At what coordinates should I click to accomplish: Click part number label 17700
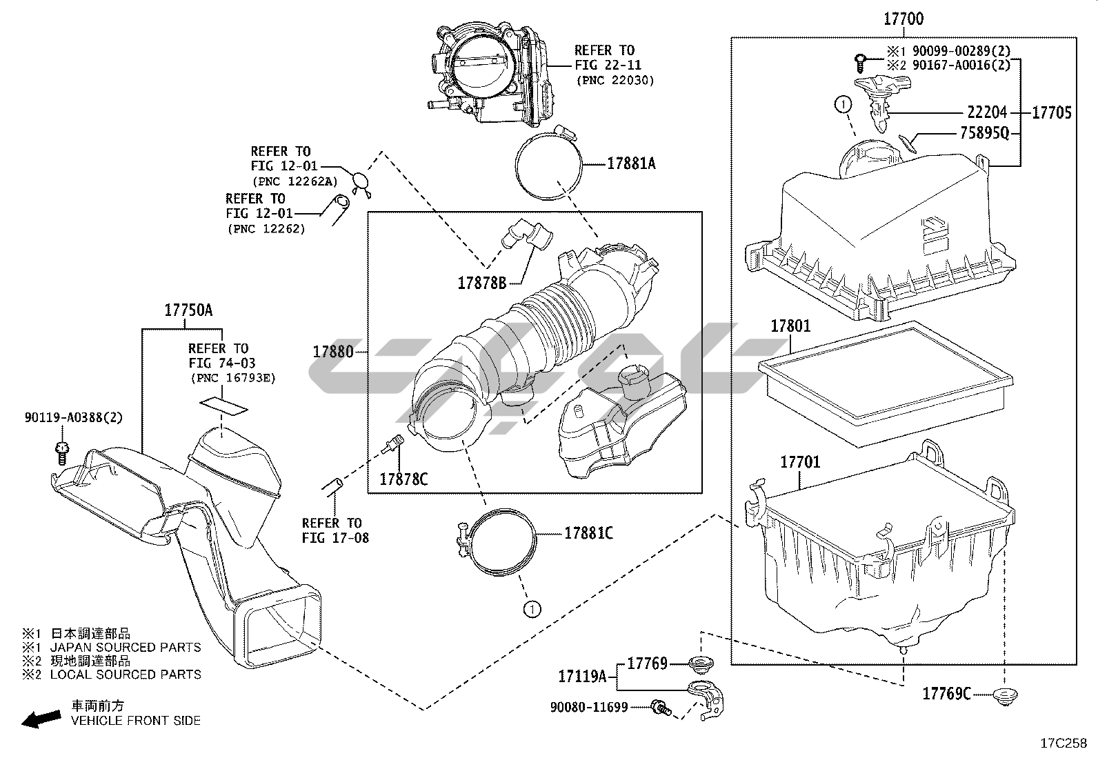point(904,19)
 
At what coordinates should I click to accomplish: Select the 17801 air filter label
point(790,326)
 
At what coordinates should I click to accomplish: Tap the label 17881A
point(631,163)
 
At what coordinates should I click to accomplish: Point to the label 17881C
point(588,533)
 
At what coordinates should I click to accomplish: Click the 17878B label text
point(482,282)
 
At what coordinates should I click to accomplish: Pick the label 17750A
point(188,310)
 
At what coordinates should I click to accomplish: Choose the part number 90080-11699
point(589,707)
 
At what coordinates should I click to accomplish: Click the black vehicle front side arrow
point(39,719)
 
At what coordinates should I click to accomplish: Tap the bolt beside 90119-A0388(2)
point(61,452)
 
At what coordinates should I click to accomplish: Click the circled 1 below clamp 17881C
point(531,608)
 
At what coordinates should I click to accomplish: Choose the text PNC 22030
point(615,80)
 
